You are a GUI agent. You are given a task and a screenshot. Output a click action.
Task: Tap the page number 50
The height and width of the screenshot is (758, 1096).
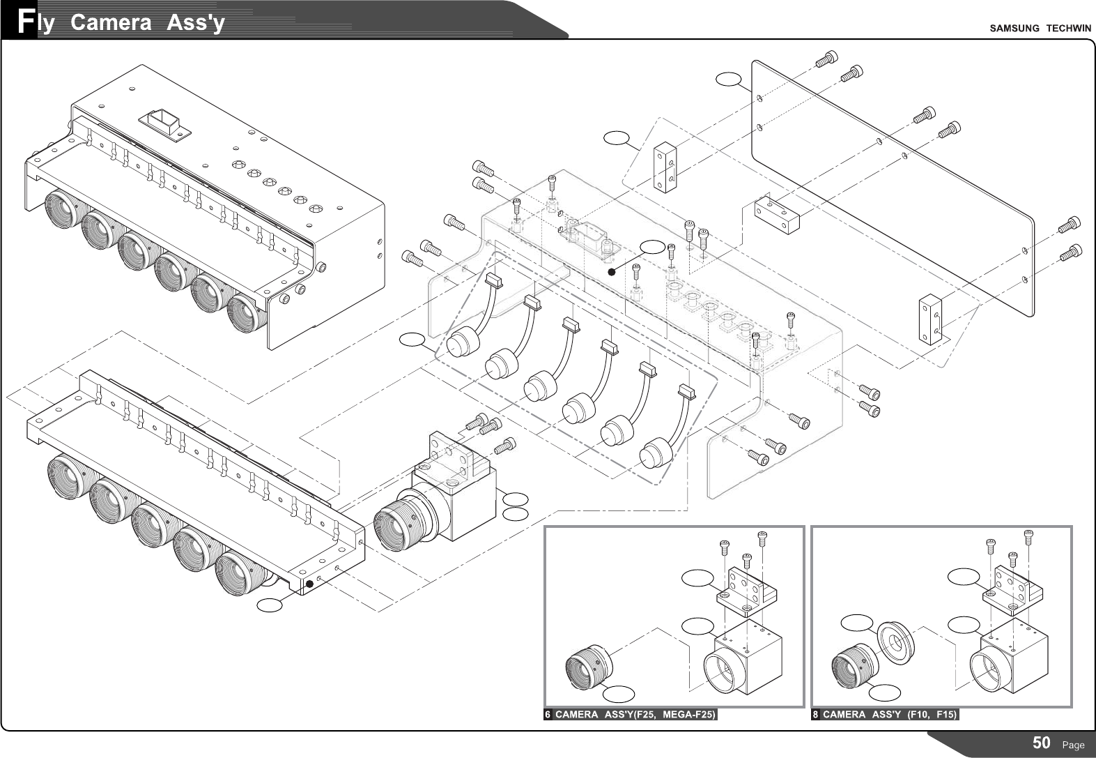pyautogui.click(x=1041, y=743)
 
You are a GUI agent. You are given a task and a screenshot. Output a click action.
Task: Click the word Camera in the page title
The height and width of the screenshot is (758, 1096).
pyautogui.click(x=111, y=23)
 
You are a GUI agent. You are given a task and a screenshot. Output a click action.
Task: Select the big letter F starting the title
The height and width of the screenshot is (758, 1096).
pyautogui.click(x=26, y=22)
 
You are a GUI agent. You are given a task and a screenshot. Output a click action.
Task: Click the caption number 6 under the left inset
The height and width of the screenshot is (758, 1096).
pyautogui.click(x=548, y=715)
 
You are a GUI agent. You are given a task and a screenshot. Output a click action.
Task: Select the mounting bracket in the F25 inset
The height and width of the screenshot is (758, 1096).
pyautogui.click(x=746, y=591)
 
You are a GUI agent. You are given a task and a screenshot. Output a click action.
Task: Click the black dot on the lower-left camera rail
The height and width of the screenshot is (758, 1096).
pyautogui.click(x=309, y=583)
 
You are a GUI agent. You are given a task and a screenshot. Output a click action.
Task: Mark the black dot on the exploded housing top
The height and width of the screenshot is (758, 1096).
pyautogui.click(x=612, y=273)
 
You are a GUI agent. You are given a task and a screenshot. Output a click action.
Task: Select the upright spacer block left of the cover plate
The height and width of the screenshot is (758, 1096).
pyautogui.click(x=664, y=167)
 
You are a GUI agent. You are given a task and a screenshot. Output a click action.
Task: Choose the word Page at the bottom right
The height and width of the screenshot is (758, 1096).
pyautogui.click(x=1072, y=745)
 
